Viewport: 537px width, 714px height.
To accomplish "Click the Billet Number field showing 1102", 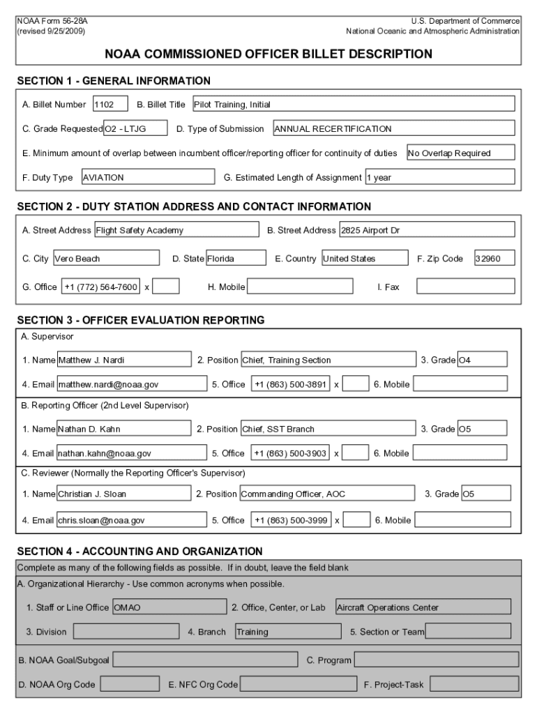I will point(110,105).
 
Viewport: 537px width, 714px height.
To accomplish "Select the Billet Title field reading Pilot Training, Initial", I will point(353,105).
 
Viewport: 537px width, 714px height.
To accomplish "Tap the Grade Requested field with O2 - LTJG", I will point(135,129).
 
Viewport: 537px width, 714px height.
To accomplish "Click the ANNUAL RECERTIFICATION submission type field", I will point(393,129).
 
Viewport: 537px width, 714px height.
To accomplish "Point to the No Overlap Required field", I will point(460,153).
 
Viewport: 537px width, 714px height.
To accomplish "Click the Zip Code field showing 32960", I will point(494,259).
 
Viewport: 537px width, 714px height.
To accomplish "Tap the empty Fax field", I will point(466,287).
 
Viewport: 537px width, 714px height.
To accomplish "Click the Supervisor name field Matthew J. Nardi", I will point(123,360).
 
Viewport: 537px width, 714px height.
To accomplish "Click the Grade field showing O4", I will point(482,360).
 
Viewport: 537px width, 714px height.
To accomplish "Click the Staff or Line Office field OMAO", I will point(169,607).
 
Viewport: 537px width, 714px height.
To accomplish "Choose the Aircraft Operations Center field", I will point(423,607).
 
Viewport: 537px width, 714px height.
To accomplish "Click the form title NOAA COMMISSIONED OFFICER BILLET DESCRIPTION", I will point(268,54).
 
